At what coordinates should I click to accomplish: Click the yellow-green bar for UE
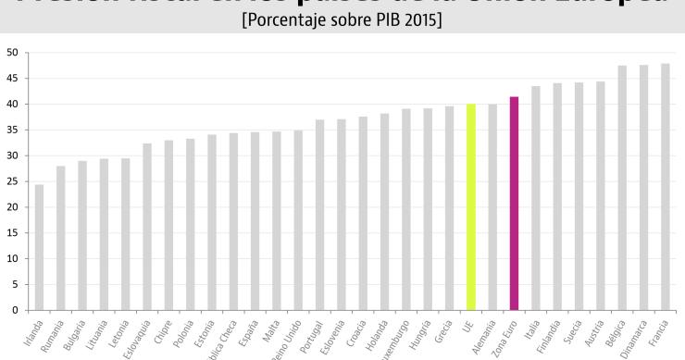(x=470, y=207)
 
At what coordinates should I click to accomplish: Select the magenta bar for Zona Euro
(x=514, y=204)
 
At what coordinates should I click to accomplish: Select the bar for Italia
(x=535, y=198)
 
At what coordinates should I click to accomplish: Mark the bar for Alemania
(x=492, y=207)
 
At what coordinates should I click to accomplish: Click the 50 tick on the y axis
(x=12, y=53)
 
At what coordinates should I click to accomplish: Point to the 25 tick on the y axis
(x=12, y=181)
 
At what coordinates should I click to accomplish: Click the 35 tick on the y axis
(x=12, y=130)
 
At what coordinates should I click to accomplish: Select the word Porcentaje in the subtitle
(x=293, y=21)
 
